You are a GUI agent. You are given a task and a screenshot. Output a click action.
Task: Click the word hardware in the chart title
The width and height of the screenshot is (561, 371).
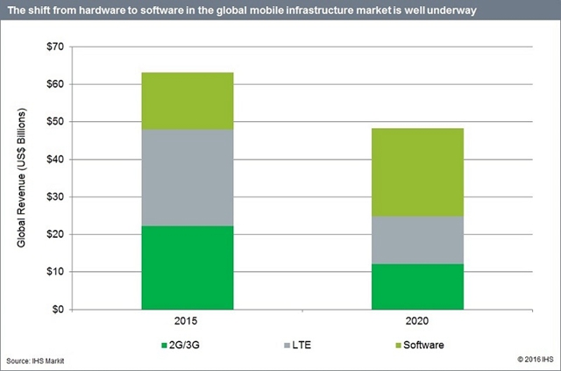(x=99, y=10)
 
